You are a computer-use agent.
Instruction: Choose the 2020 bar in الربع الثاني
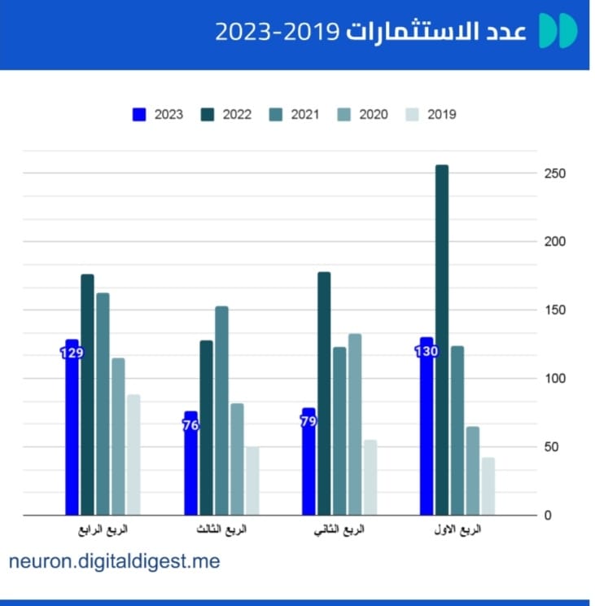pyautogui.click(x=355, y=424)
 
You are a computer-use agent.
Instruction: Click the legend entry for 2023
pyautogui.click(x=158, y=115)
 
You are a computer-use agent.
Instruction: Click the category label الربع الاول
pyautogui.click(x=457, y=530)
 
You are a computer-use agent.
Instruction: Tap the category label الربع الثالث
pyautogui.click(x=221, y=530)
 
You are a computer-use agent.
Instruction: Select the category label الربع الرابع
pyautogui.click(x=103, y=530)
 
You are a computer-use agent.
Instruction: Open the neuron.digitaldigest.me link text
pyautogui.click(x=115, y=561)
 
